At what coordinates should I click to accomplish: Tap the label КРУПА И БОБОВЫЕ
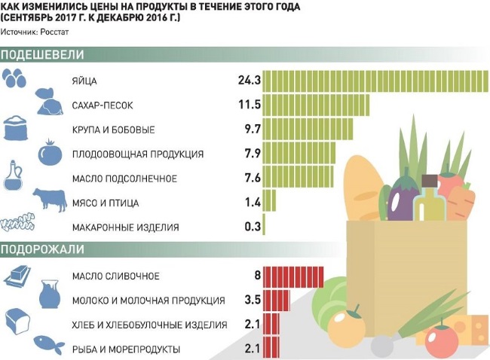coord(114,130)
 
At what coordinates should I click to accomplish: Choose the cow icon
coord(50,201)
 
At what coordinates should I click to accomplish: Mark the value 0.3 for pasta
coord(253,227)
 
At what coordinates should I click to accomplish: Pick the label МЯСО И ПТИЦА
coord(105,203)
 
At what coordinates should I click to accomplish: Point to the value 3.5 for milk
coord(253,301)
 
